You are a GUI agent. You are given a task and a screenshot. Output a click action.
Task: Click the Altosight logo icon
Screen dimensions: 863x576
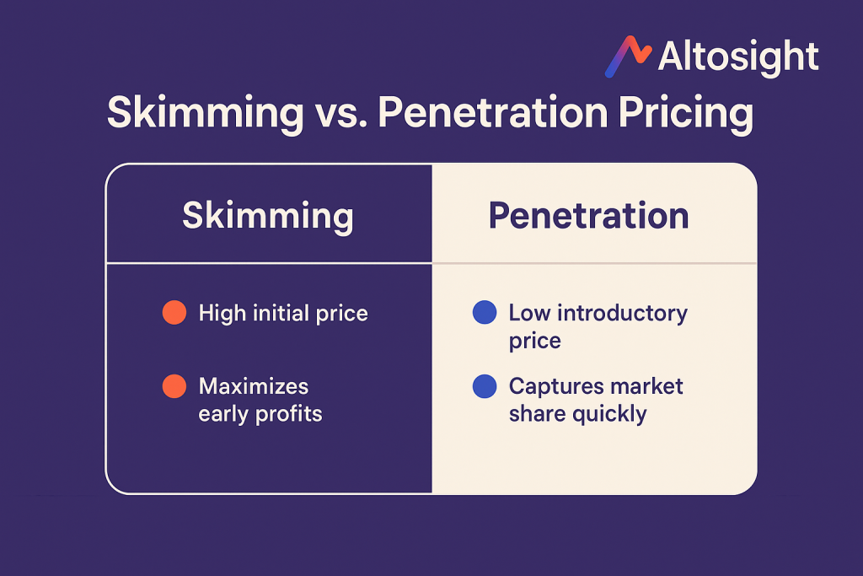click(628, 57)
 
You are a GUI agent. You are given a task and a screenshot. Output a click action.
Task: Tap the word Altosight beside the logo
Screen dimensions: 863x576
click(738, 57)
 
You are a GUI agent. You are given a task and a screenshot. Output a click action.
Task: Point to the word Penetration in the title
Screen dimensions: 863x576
click(492, 112)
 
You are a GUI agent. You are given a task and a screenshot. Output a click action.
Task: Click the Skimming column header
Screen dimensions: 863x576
click(267, 216)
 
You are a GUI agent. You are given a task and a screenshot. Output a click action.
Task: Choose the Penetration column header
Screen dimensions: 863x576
click(589, 215)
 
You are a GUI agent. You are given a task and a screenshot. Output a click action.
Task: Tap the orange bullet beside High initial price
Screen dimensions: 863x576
click(174, 313)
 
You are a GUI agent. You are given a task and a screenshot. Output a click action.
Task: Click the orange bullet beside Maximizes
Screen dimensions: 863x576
click(174, 386)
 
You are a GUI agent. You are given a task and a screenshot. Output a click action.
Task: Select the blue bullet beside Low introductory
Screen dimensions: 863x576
click(485, 312)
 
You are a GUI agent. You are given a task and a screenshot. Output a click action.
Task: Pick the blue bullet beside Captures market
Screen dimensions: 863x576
click(485, 386)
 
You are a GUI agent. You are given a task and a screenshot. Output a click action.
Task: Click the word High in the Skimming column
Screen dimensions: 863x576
click(222, 314)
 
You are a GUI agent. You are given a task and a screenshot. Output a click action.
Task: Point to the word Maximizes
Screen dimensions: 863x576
click(254, 386)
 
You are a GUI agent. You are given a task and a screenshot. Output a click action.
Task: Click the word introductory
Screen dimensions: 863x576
click(623, 313)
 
